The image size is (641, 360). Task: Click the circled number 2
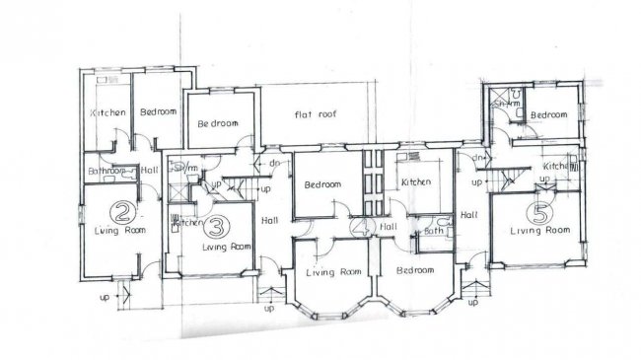(x=121, y=210)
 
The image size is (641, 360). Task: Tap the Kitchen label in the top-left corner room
(x=107, y=113)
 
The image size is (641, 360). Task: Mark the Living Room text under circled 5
(x=540, y=230)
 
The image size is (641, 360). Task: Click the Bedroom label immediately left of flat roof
(x=219, y=124)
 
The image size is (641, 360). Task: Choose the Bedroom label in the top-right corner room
(x=548, y=115)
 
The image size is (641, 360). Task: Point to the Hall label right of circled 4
(x=389, y=228)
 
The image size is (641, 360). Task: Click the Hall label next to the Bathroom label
(x=150, y=170)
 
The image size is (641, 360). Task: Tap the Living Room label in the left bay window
(x=332, y=272)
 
